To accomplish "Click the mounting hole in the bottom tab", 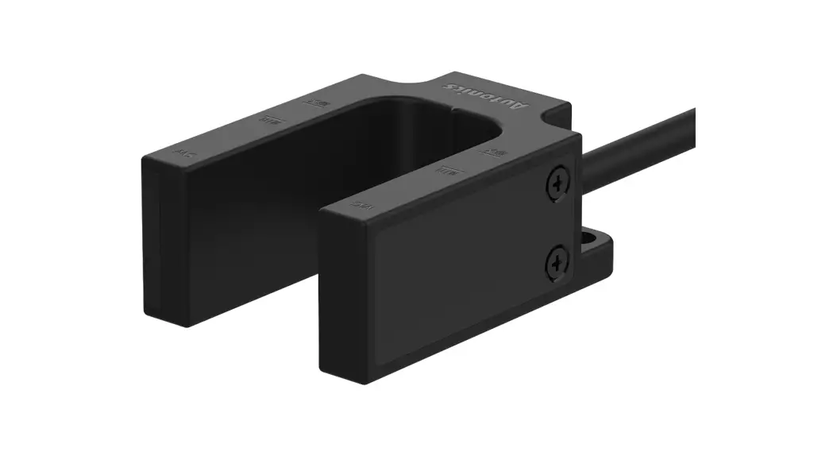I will [x=591, y=236].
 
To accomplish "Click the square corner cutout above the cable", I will [x=556, y=119].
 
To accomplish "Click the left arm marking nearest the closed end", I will [x=315, y=102].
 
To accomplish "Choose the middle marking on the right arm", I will [x=451, y=169].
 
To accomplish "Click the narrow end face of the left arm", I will [x=152, y=238].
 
